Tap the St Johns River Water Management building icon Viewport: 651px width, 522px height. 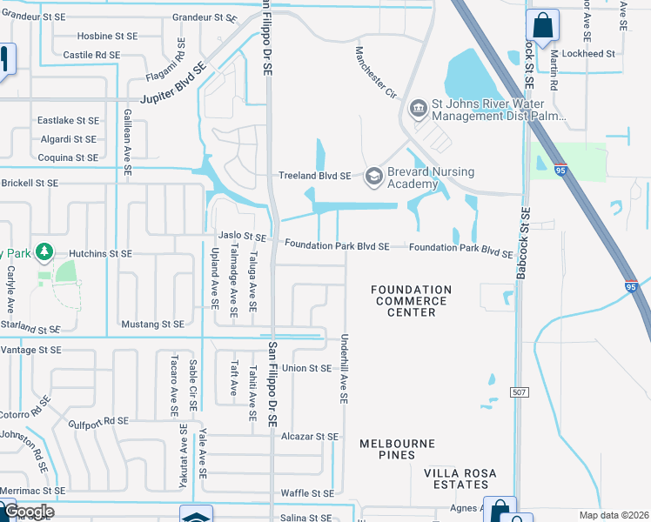coord(418,108)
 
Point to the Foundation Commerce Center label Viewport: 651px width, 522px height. coord(412,301)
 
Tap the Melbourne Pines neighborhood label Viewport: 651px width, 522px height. coord(397,450)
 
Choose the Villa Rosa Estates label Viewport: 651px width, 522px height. coord(460,478)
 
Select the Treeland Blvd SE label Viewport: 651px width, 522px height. coord(314,176)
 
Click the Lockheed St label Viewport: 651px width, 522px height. coord(588,53)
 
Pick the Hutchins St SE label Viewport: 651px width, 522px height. coord(100,253)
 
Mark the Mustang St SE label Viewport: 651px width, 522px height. coord(153,324)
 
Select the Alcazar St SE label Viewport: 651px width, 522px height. coord(309,437)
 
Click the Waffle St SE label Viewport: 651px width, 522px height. coord(307,493)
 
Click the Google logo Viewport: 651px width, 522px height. coord(29,512)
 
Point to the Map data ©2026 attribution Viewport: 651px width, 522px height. coord(614,515)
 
